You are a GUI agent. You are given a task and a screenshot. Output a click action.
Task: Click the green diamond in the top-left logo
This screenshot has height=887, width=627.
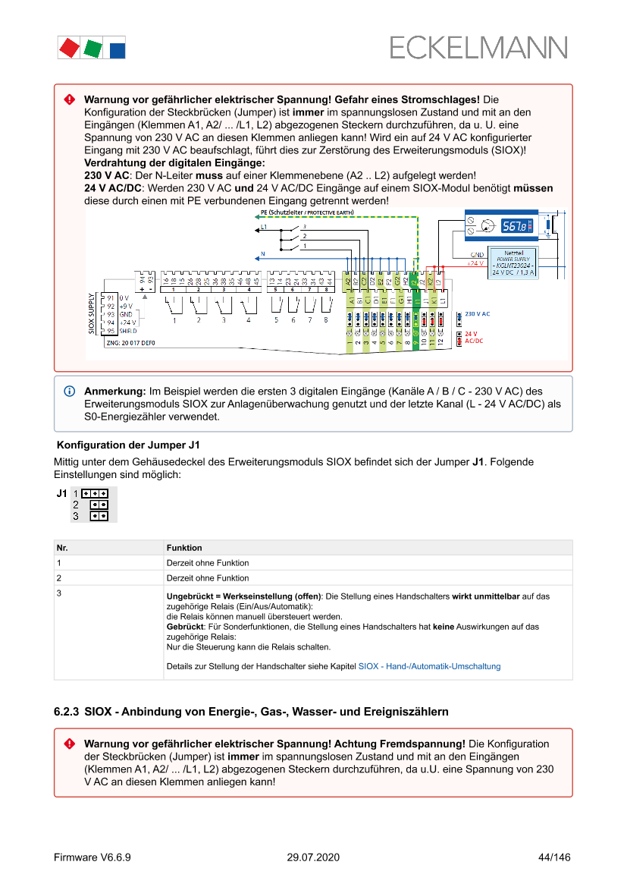(93, 49)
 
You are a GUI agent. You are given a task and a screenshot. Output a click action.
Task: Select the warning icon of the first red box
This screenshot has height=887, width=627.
(69, 100)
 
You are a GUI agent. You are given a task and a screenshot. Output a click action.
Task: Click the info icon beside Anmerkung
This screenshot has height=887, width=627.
(69, 391)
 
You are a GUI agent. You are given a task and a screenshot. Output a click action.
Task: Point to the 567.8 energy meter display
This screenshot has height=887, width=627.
(517, 225)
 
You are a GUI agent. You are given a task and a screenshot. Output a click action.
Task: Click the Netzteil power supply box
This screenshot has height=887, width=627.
(513, 263)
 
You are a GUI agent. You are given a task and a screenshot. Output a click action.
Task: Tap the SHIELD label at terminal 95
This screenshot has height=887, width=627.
(129, 331)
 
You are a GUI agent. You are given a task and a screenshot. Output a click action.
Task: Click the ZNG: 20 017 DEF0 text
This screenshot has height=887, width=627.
(130, 343)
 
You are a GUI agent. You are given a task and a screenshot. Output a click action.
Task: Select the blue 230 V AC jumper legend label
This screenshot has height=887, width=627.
(477, 313)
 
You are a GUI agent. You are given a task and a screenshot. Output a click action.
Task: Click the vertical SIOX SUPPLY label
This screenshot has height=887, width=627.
(92, 313)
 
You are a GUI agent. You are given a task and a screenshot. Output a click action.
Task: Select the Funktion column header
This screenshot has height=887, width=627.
(184, 547)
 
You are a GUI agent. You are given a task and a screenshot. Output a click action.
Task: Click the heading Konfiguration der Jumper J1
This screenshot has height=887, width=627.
(128, 445)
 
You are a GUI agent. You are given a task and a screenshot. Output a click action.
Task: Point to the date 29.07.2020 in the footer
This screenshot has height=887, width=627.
(313, 857)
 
